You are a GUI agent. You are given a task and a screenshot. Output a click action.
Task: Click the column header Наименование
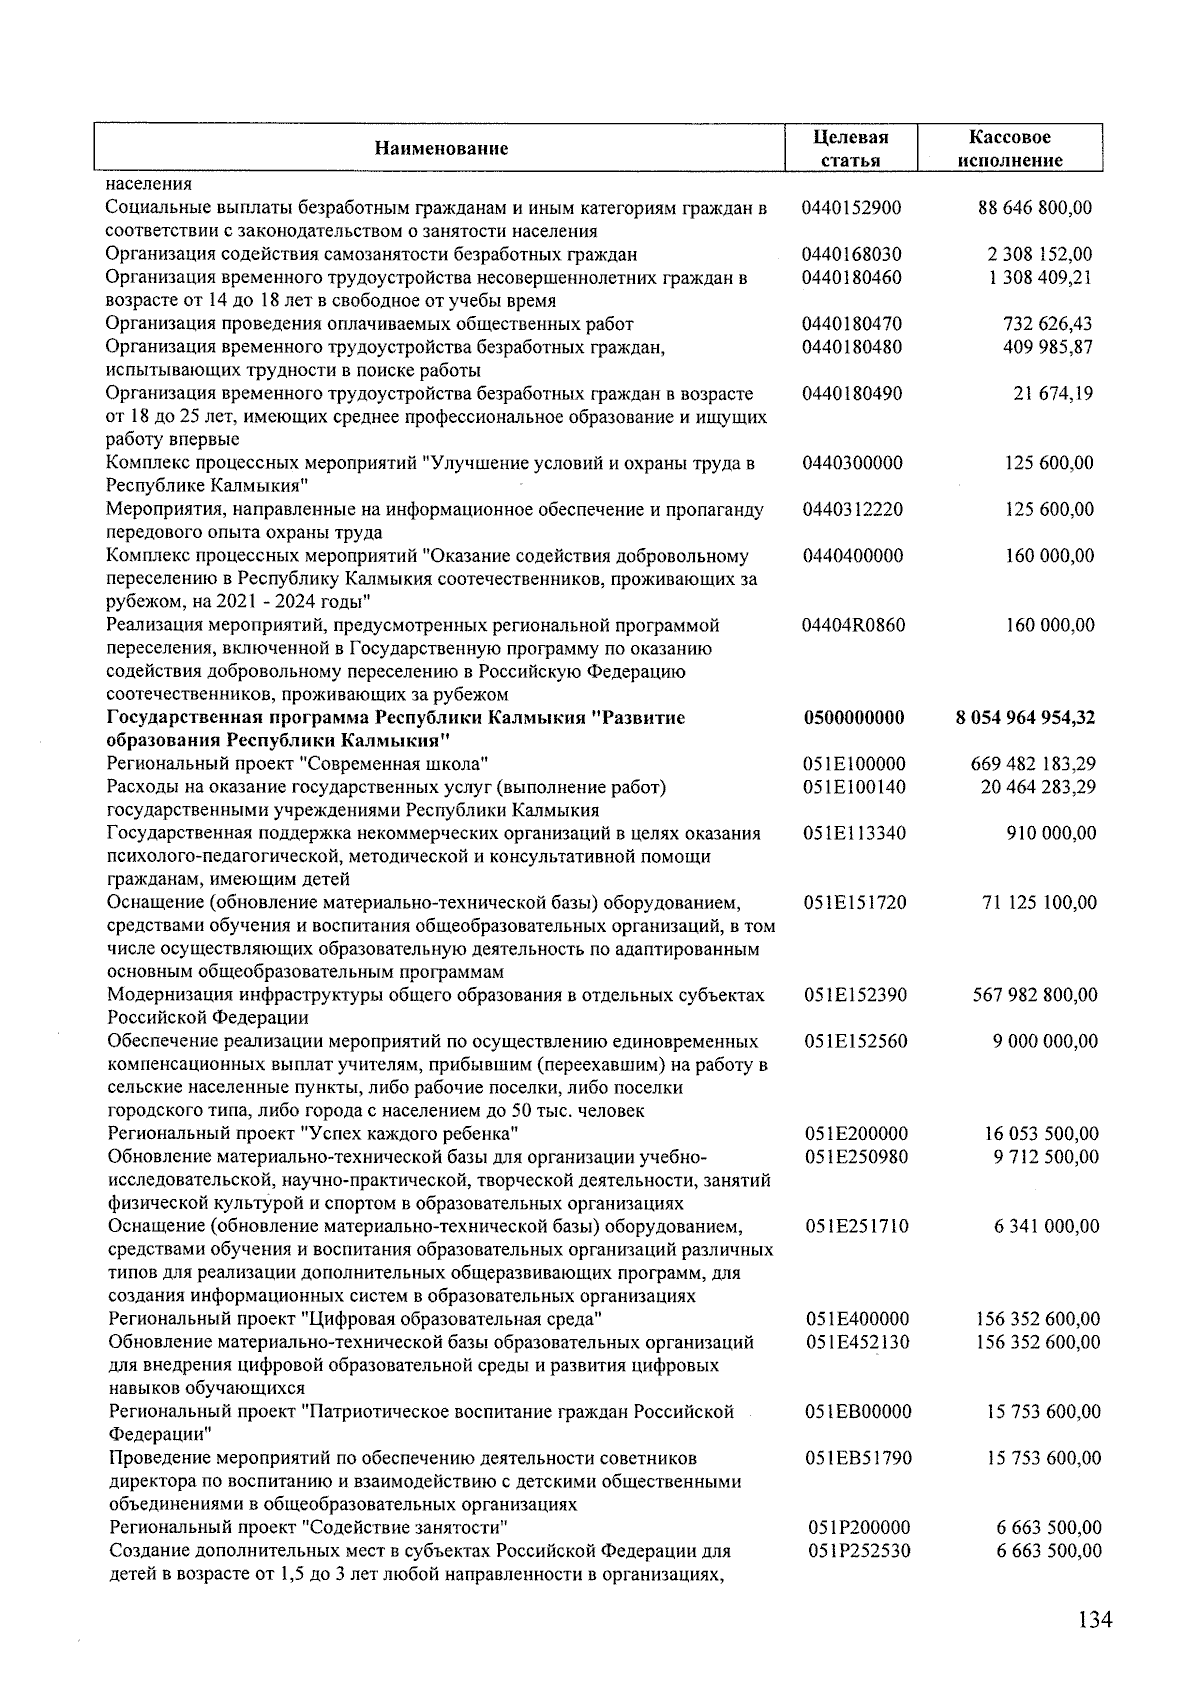[x=441, y=149]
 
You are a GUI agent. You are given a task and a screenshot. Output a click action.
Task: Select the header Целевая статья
[x=851, y=148]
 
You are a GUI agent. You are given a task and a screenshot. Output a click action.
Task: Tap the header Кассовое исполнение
[x=1009, y=148]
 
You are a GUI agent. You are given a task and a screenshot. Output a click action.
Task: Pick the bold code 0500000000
[x=854, y=718]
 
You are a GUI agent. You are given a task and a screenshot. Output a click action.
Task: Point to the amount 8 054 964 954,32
[x=1025, y=718]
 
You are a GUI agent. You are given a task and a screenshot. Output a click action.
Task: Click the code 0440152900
[x=851, y=208]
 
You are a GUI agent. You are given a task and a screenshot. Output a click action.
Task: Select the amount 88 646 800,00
[x=1034, y=208]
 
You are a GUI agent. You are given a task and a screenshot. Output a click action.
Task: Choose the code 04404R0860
[x=853, y=625]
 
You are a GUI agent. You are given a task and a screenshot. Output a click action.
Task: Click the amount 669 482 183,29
[x=1034, y=764]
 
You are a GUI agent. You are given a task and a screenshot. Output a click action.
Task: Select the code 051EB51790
[x=858, y=1458]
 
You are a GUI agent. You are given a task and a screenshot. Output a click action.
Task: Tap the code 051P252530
[x=857, y=1551]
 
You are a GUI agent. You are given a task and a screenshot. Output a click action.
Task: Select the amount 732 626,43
[x=1047, y=324]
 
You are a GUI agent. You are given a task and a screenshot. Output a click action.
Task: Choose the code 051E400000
[x=857, y=1319]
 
